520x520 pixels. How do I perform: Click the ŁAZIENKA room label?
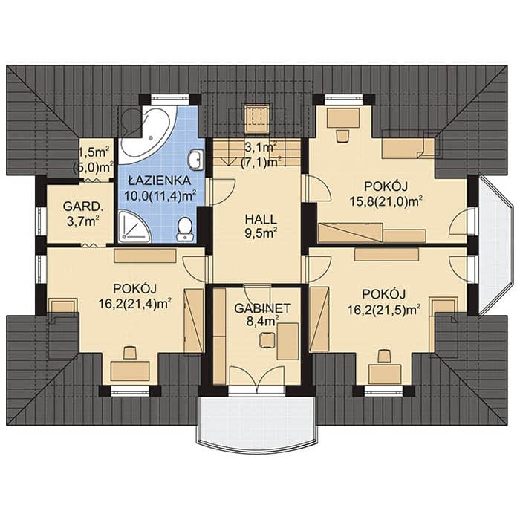pos(160,181)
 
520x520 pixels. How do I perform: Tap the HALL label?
pos(260,219)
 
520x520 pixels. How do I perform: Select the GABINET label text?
pos(262,308)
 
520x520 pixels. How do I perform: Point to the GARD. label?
pos(83,207)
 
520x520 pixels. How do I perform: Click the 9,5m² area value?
pos(261,234)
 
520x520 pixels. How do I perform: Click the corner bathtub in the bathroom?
pos(146,134)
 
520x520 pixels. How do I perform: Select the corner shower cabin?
pos(134,227)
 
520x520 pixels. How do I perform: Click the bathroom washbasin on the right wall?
pos(196,160)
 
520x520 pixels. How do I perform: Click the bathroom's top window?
pos(170,99)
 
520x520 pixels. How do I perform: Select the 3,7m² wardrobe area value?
pos(83,221)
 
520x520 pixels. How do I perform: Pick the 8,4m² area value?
pos(262,322)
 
